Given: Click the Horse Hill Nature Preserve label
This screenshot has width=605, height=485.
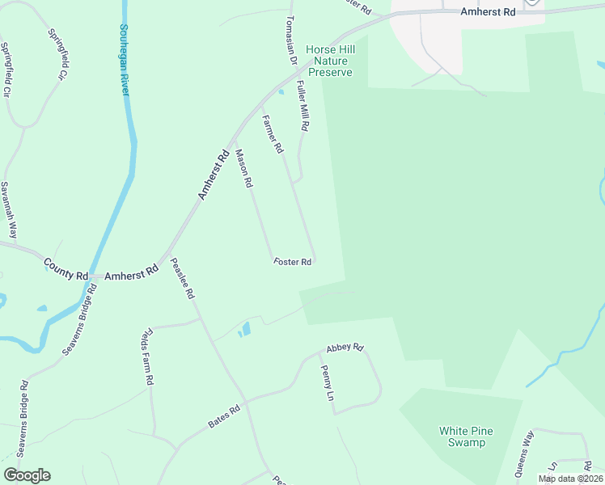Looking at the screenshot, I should (329, 61).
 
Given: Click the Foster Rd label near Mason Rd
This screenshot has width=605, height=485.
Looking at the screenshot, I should (293, 262).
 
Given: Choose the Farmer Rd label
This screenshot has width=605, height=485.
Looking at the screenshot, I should (273, 134).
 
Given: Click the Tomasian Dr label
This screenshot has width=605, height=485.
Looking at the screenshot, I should (292, 40).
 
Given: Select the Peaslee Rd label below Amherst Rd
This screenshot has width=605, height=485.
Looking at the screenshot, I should (183, 279).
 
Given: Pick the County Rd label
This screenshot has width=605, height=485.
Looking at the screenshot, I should (66, 270).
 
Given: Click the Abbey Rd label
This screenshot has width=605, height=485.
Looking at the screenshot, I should (345, 348).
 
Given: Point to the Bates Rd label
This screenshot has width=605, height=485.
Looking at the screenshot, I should (224, 416).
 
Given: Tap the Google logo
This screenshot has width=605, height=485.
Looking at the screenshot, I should (27, 475).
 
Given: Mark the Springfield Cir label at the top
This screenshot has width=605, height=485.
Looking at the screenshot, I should (57, 55).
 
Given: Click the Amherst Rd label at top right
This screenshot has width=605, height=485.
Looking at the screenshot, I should (487, 12).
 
